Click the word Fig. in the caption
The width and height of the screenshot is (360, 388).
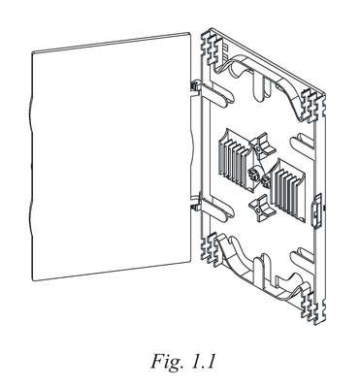tap(167, 362)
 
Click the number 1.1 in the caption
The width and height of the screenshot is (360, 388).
tap(203, 361)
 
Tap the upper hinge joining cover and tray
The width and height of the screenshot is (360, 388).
tap(195, 86)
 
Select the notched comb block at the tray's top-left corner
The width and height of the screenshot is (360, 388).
tap(211, 48)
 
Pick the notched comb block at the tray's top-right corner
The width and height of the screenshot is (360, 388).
tap(312, 105)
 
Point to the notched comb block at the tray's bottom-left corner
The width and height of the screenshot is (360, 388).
tap(211, 248)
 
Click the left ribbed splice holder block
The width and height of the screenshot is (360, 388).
tap(235, 156)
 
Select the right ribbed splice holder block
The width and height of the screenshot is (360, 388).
tap(288, 190)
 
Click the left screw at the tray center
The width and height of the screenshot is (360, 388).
tap(253, 175)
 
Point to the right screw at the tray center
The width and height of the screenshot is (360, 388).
tap(267, 181)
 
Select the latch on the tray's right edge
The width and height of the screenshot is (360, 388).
tap(317, 210)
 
